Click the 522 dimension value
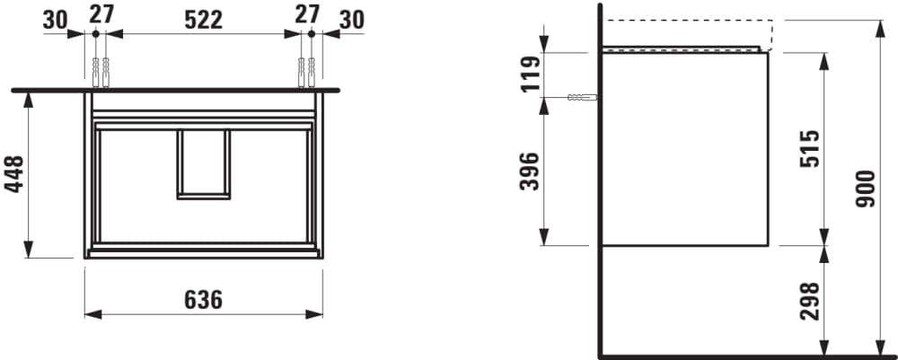coord(203,20)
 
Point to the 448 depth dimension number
coord(15,174)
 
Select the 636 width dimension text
coord(203,299)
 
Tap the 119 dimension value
coord(531,74)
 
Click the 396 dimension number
coord(531,171)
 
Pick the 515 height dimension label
coord(810,149)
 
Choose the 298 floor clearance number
coord(810,301)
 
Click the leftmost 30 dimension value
coord(55,20)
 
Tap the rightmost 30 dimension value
coord(352,20)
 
